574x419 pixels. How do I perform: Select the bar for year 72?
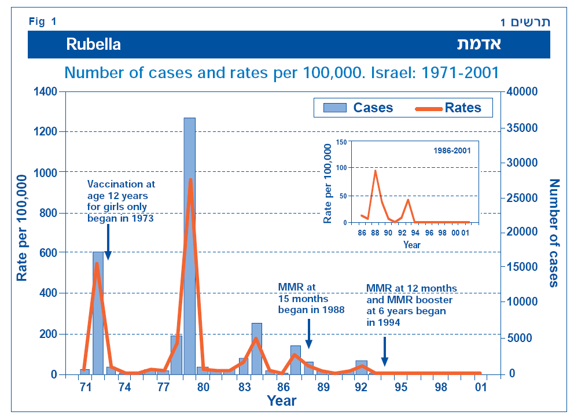tap(98, 313)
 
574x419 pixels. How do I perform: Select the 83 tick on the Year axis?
tap(244, 387)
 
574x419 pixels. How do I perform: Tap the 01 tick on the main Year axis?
tap(480, 387)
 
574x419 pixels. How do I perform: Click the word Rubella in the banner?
tap(93, 45)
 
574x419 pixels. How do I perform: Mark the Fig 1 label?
tap(42, 22)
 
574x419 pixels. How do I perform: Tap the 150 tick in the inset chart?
tap(342, 142)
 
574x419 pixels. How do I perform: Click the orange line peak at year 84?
tap(256, 339)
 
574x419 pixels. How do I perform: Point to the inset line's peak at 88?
tap(375, 171)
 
